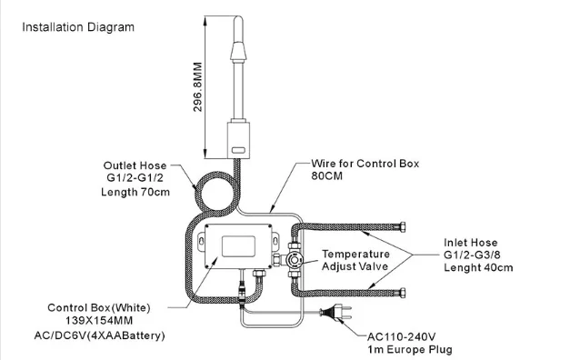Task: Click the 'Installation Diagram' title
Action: pos(78,26)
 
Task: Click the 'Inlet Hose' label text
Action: pos(471,242)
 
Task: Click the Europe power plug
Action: pos(337,315)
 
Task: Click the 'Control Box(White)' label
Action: pos(99,306)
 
